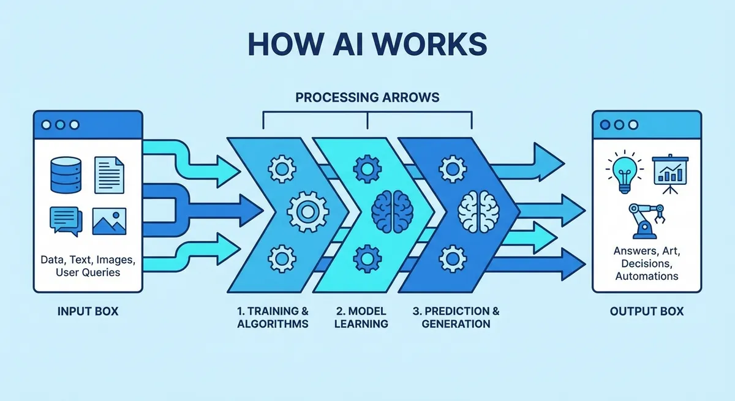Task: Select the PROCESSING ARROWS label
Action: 367,98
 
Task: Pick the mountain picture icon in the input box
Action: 109,221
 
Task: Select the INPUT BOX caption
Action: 88,312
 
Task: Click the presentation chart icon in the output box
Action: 671,171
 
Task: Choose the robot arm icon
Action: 646,220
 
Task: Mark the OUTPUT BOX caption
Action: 646,312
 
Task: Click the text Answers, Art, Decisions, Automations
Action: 646,263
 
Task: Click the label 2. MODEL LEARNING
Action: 361,317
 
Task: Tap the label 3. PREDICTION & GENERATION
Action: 456,317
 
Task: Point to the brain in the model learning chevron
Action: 392,210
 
